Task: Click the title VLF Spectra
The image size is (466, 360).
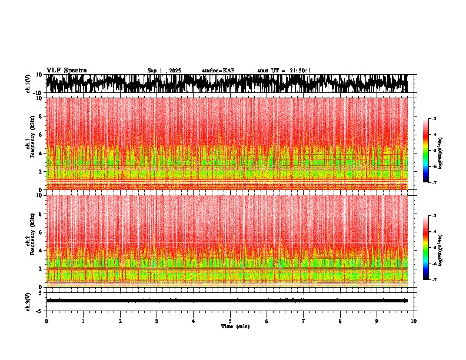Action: pyautogui.click(x=66, y=71)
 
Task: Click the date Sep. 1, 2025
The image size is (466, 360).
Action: pyautogui.click(x=164, y=71)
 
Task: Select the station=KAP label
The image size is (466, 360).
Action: pyautogui.click(x=218, y=71)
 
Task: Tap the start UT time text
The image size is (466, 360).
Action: pyautogui.click(x=284, y=71)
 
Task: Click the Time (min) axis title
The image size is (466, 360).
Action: pyautogui.click(x=235, y=326)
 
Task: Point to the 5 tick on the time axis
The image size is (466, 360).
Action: pyautogui.click(x=230, y=321)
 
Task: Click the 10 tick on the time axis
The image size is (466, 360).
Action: pyautogui.click(x=414, y=321)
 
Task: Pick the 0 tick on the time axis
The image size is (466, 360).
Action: pyautogui.click(x=46, y=321)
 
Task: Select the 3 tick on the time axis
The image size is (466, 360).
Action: pyautogui.click(x=157, y=321)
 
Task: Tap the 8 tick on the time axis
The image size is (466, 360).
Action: pyautogui.click(x=340, y=321)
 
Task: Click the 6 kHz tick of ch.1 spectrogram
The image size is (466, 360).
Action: pyautogui.click(x=41, y=135)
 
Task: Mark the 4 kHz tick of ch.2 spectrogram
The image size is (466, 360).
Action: pyautogui.click(x=41, y=250)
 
